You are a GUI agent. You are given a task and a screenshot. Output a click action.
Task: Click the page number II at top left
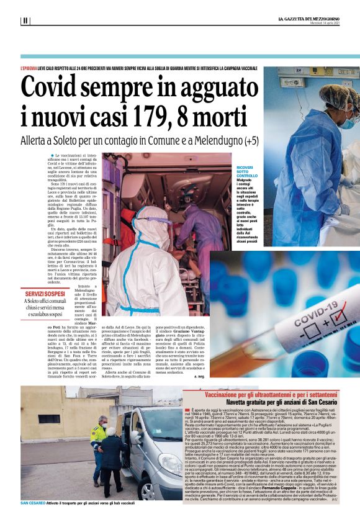click(25, 20)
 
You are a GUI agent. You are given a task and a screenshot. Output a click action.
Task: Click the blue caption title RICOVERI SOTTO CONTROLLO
click(246, 172)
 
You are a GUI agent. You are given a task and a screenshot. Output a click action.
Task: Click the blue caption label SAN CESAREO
click(33, 502)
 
